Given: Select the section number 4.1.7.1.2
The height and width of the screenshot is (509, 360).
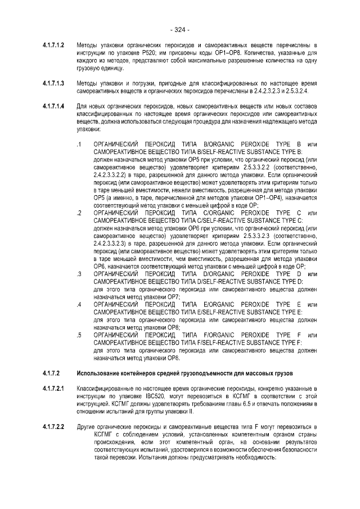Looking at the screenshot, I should (54, 44).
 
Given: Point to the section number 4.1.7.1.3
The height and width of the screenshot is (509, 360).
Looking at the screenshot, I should (54, 83).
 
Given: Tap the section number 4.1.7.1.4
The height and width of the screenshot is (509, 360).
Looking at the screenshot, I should (54, 105).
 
